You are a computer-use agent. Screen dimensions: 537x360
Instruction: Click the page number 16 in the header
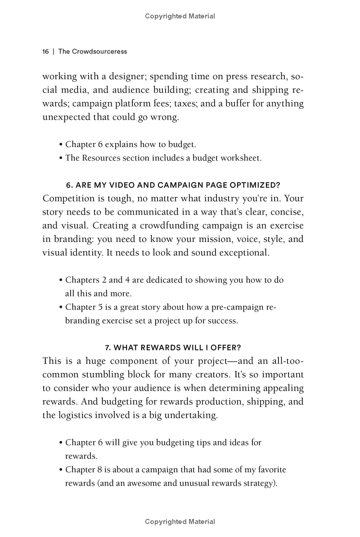45,52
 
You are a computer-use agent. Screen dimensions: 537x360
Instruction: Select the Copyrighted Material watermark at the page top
180,16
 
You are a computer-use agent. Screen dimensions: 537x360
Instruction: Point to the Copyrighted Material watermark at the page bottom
180,522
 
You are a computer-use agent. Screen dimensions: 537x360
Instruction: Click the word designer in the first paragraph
119,76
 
